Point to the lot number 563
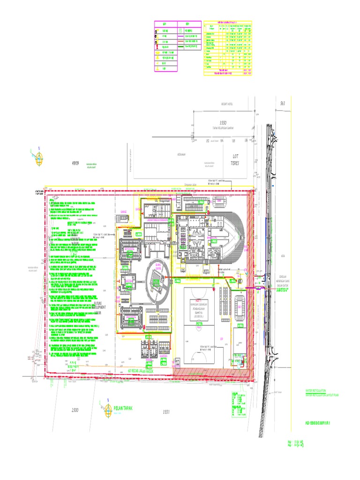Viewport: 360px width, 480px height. point(283,103)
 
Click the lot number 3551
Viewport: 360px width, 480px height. point(166,412)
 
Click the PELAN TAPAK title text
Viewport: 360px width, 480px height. point(123,409)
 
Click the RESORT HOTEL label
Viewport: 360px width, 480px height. point(227,104)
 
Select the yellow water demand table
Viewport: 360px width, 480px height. point(228,48)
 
